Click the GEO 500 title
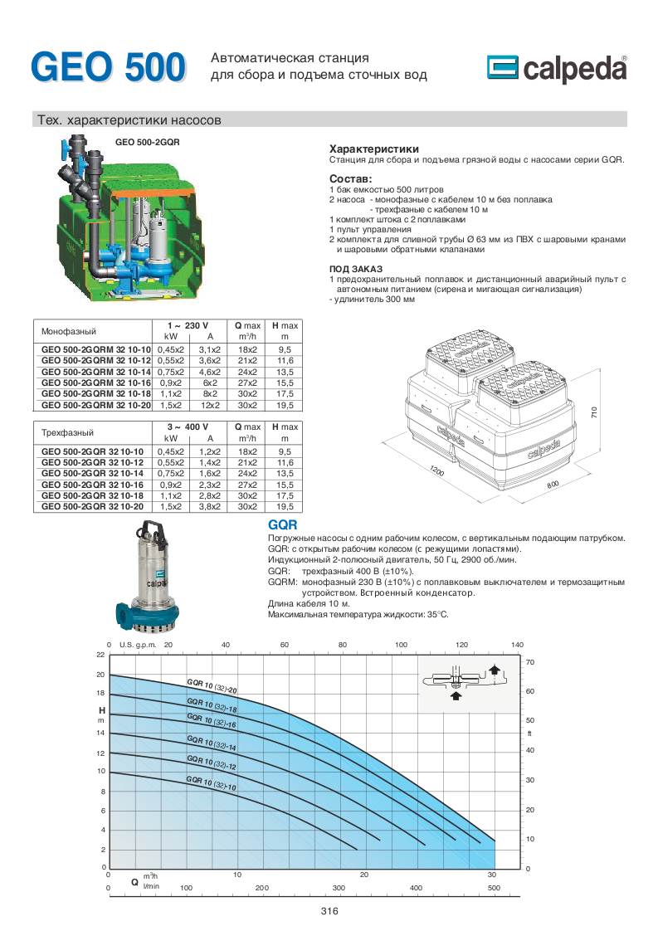coord(108,67)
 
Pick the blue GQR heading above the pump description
coord(283,526)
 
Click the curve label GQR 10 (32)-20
coord(212,685)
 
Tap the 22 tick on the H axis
coord(101,656)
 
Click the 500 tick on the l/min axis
coord(494,887)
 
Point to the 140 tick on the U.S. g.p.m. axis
coord(518,645)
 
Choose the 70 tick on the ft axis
coord(530,662)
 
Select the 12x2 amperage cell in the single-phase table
coord(210,405)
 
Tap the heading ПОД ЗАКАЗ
coord(356,270)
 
